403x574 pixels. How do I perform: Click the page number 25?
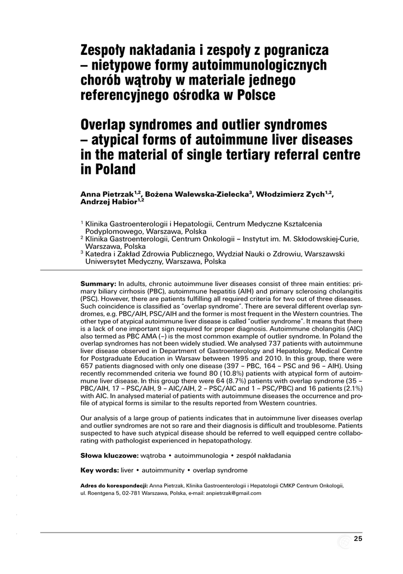point(358,539)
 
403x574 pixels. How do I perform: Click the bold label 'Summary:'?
point(98,284)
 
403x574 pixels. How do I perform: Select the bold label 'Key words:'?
point(100,470)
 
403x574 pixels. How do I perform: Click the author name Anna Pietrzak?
point(106,195)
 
